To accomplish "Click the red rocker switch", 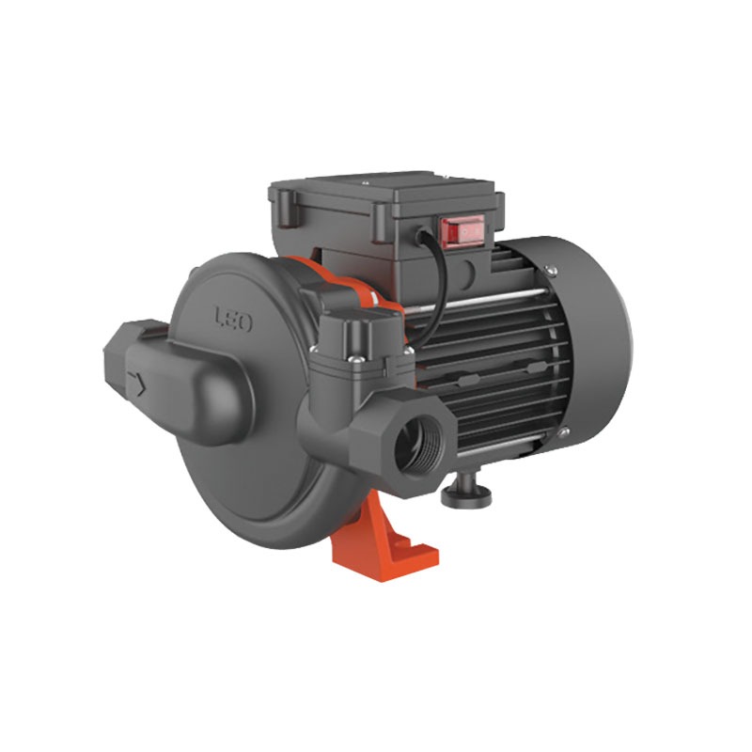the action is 462,231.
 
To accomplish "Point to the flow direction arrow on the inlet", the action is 137,384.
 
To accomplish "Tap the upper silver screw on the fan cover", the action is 551,271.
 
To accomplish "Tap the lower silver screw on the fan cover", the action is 563,432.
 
